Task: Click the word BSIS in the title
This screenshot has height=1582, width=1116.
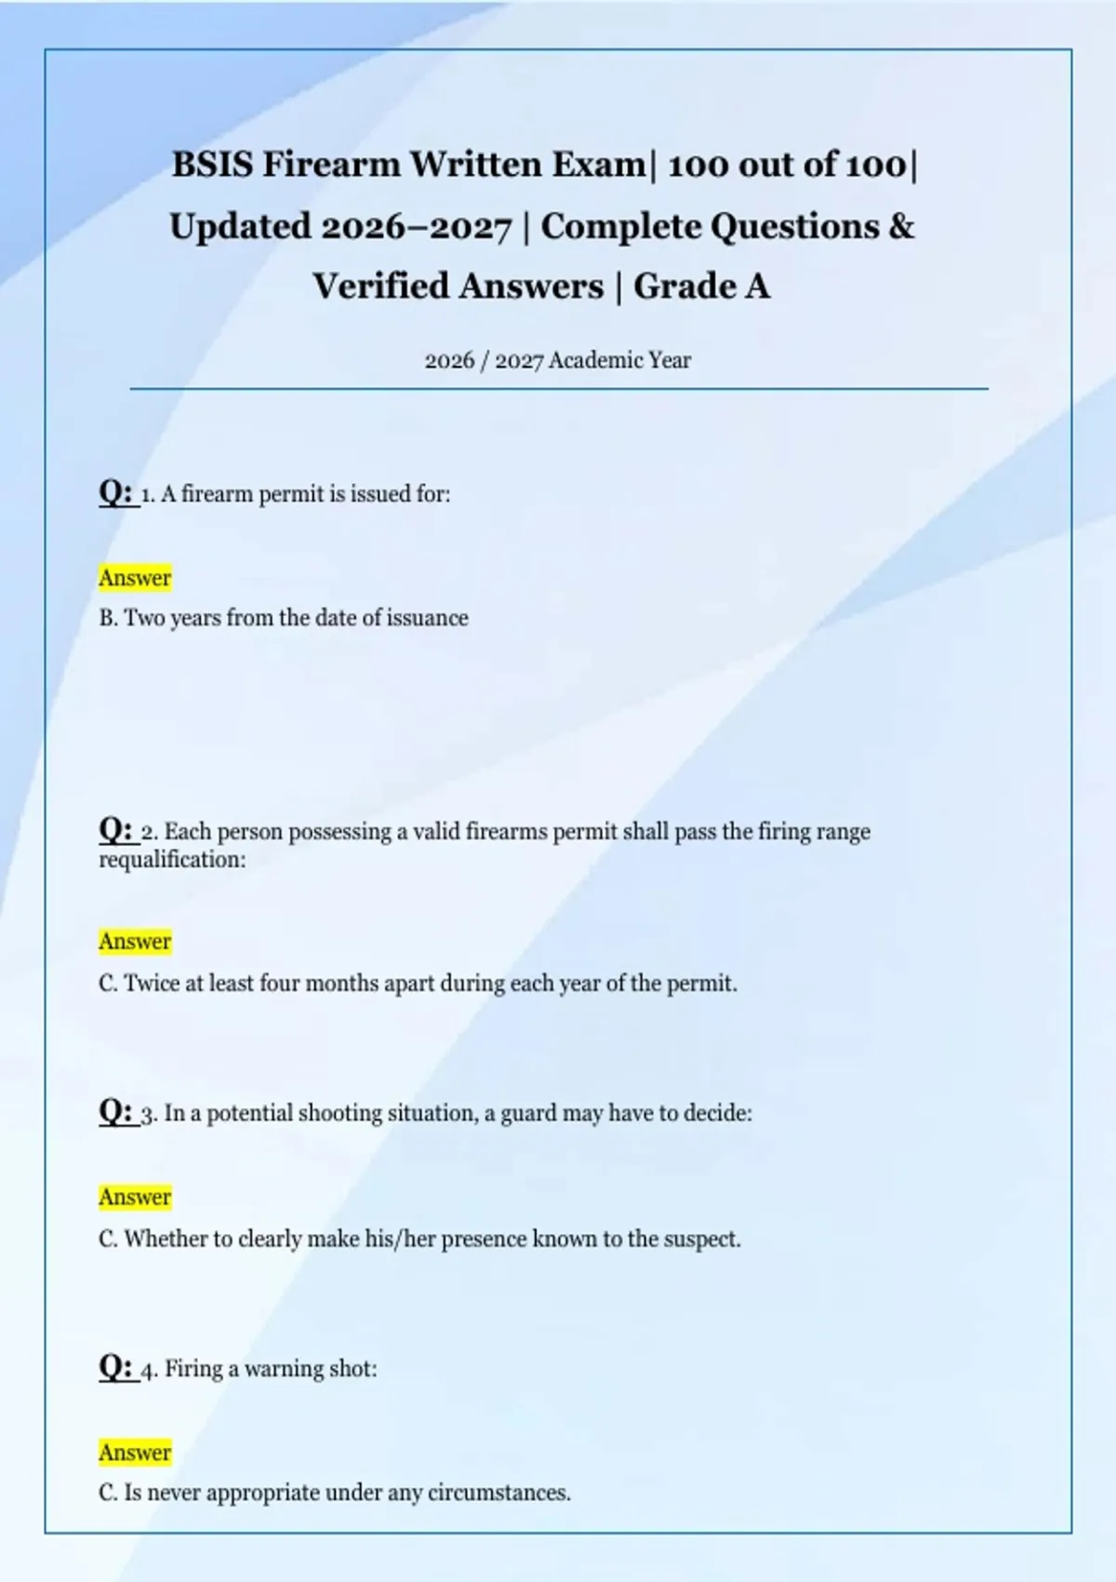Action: pos(212,165)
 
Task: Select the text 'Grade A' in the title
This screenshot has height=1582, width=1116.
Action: pos(702,287)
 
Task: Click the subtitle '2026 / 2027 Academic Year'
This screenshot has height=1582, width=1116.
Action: pos(558,360)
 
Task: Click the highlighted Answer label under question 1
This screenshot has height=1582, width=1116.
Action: pos(135,578)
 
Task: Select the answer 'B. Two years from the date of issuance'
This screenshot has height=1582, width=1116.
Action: pos(284,618)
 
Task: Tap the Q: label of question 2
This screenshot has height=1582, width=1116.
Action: pos(116,829)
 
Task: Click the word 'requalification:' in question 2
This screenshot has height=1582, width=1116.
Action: pos(173,859)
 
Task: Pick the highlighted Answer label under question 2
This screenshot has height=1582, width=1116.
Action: pos(135,942)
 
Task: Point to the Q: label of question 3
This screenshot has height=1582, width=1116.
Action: pos(116,1111)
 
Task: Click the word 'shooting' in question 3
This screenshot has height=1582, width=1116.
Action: pos(340,1114)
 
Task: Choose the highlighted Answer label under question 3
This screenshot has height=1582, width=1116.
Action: pos(135,1197)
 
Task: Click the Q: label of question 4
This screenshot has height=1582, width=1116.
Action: pos(116,1367)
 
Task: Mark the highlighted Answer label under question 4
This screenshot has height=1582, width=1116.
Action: pos(135,1453)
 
